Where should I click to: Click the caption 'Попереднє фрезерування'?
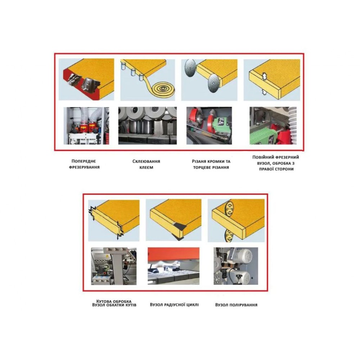[x=84, y=164]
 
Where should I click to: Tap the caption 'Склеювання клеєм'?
[x=146, y=164]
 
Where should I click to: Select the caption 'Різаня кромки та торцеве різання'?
[x=211, y=165]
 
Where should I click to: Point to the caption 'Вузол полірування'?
[x=236, y=305]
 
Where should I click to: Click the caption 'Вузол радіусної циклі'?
[x=174, y=305]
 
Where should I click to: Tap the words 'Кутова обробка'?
[x=114, y=301]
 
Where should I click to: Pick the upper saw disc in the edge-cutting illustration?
[x=190, y=68]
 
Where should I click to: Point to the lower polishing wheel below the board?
[x=229, y=235]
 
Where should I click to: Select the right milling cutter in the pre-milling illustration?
[x=89, y=85]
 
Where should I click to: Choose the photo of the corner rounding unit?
[x=114, y=266]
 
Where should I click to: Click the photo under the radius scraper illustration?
[x=174, y=266]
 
